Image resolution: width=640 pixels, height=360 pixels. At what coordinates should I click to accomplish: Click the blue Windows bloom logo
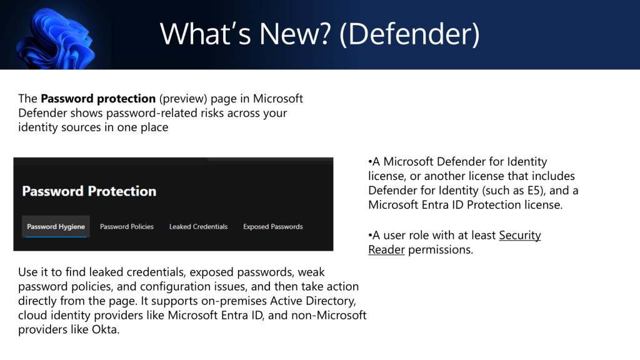pyautogui.click(x=56, y=39)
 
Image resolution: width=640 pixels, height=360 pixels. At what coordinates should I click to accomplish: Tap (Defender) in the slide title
pyautogui.click(x=409, y=35)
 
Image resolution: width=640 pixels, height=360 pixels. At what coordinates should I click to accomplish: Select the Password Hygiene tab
pyautogui.click(x=56, y=226)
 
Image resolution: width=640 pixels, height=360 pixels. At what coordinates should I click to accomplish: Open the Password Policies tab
pyautogui.click(x=126, y=226)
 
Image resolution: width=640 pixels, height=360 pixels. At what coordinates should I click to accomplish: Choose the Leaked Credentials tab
pyautogui.click(x=198, y=226)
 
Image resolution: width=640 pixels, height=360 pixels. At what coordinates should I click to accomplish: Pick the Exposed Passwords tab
pyautogui.click(x=273, y=226)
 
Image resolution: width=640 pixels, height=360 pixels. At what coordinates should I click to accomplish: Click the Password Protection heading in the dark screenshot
pyautogui.click(x=89, y=191)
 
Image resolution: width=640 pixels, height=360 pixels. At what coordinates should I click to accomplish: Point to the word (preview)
pyautogui.click(x=183, y=99)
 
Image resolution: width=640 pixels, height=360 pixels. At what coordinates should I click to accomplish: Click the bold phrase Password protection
pyautogui.click(x=98, y=99)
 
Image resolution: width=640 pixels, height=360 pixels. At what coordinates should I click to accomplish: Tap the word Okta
pyautogui.click(x=105, y=329)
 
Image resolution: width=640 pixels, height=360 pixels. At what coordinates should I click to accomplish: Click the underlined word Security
pyautogui.click(x=520, y=236)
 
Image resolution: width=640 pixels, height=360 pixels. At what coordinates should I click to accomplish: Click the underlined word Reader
pyautogui.click(x=386, y=250)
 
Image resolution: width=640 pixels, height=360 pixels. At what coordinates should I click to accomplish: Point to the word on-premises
pyautogui.click(x=234, y=301)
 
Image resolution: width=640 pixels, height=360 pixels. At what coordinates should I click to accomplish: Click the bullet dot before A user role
pyautogui.click(x=370, y=236)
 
